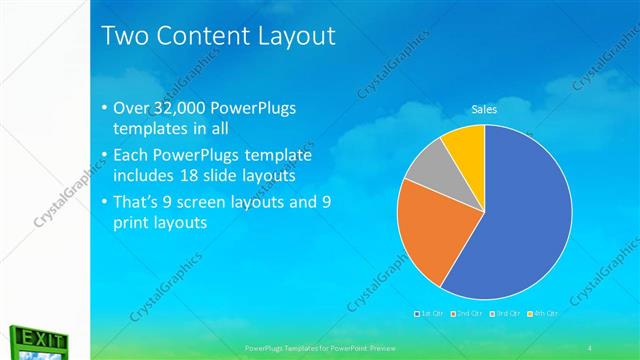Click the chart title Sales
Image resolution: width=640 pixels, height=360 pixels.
click(484, 109)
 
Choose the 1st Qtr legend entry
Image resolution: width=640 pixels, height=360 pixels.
click(431, 313)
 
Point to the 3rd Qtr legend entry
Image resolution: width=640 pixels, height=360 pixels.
click(506, 313)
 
